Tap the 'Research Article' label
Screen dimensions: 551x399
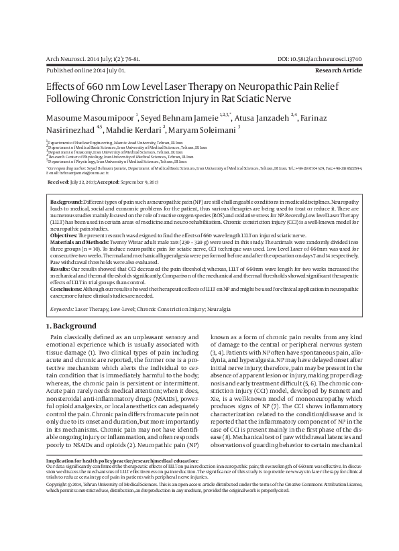pos(339,70)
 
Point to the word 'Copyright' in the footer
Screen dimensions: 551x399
pos(58,520)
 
